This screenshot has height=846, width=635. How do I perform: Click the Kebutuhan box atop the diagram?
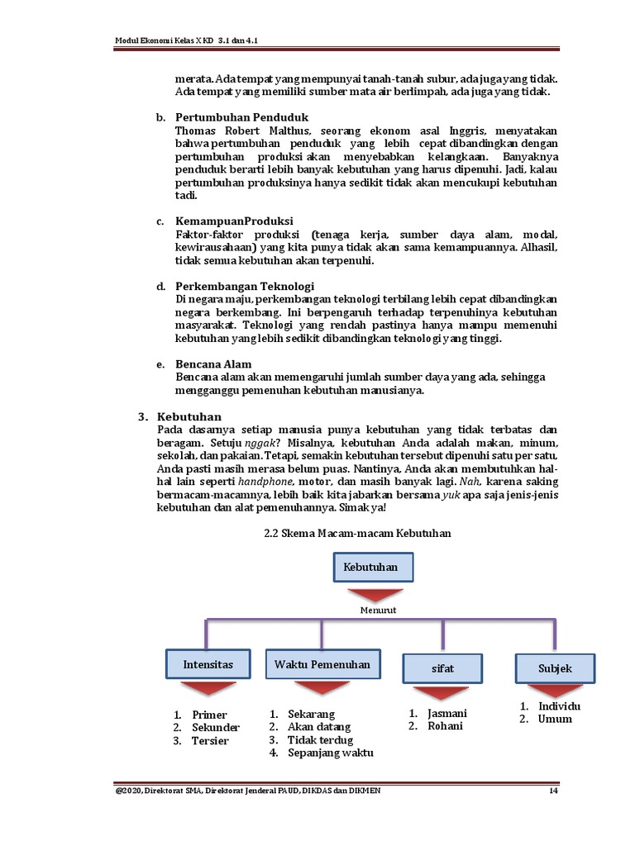pyautogui.click(x=373, y=568)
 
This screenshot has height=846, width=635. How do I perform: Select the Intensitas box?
pyautogui.click(x=208, y=664)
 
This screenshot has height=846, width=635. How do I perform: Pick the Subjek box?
pyautogui.click(x=554, y=668)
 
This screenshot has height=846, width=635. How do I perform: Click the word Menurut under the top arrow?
pyautogui.click(x=378, y=610)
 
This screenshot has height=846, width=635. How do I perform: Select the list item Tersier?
pyautogui.click(x=210, y=741)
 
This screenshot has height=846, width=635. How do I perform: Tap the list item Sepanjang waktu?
pyautogui.click(x=330, y=753)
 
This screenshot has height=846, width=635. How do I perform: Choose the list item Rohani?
pyautogui.click(x=445, y=726)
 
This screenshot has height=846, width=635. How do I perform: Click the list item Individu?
pyautogui.click(x=559, y=706)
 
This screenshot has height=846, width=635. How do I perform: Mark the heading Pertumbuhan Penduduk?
pyautogui.click(x=241, y=117)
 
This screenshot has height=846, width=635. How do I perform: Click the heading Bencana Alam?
pyautogui.click(x=213, y=364)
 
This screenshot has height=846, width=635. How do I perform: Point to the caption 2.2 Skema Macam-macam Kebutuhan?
pyautogui.click(x=356, y=534)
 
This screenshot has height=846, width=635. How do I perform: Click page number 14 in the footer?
pyautogui.click(x=554, y=791)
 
